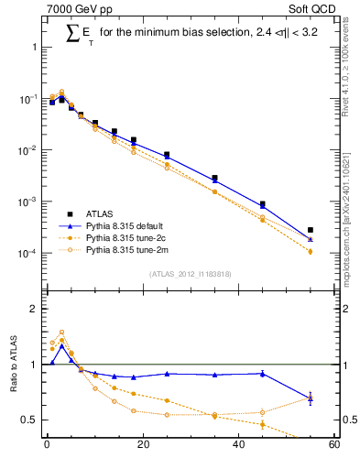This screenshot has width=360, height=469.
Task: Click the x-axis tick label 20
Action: (142, 446)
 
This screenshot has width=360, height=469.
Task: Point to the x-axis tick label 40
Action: (238, 446)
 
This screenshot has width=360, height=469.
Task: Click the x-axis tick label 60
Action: (333, 446)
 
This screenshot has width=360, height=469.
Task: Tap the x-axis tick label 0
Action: (47, 446)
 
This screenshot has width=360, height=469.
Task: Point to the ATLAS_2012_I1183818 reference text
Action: (191, 274)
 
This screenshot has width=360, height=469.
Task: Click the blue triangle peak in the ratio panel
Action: (61, 346)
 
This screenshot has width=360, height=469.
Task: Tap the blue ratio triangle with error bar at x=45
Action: (262, 373)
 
